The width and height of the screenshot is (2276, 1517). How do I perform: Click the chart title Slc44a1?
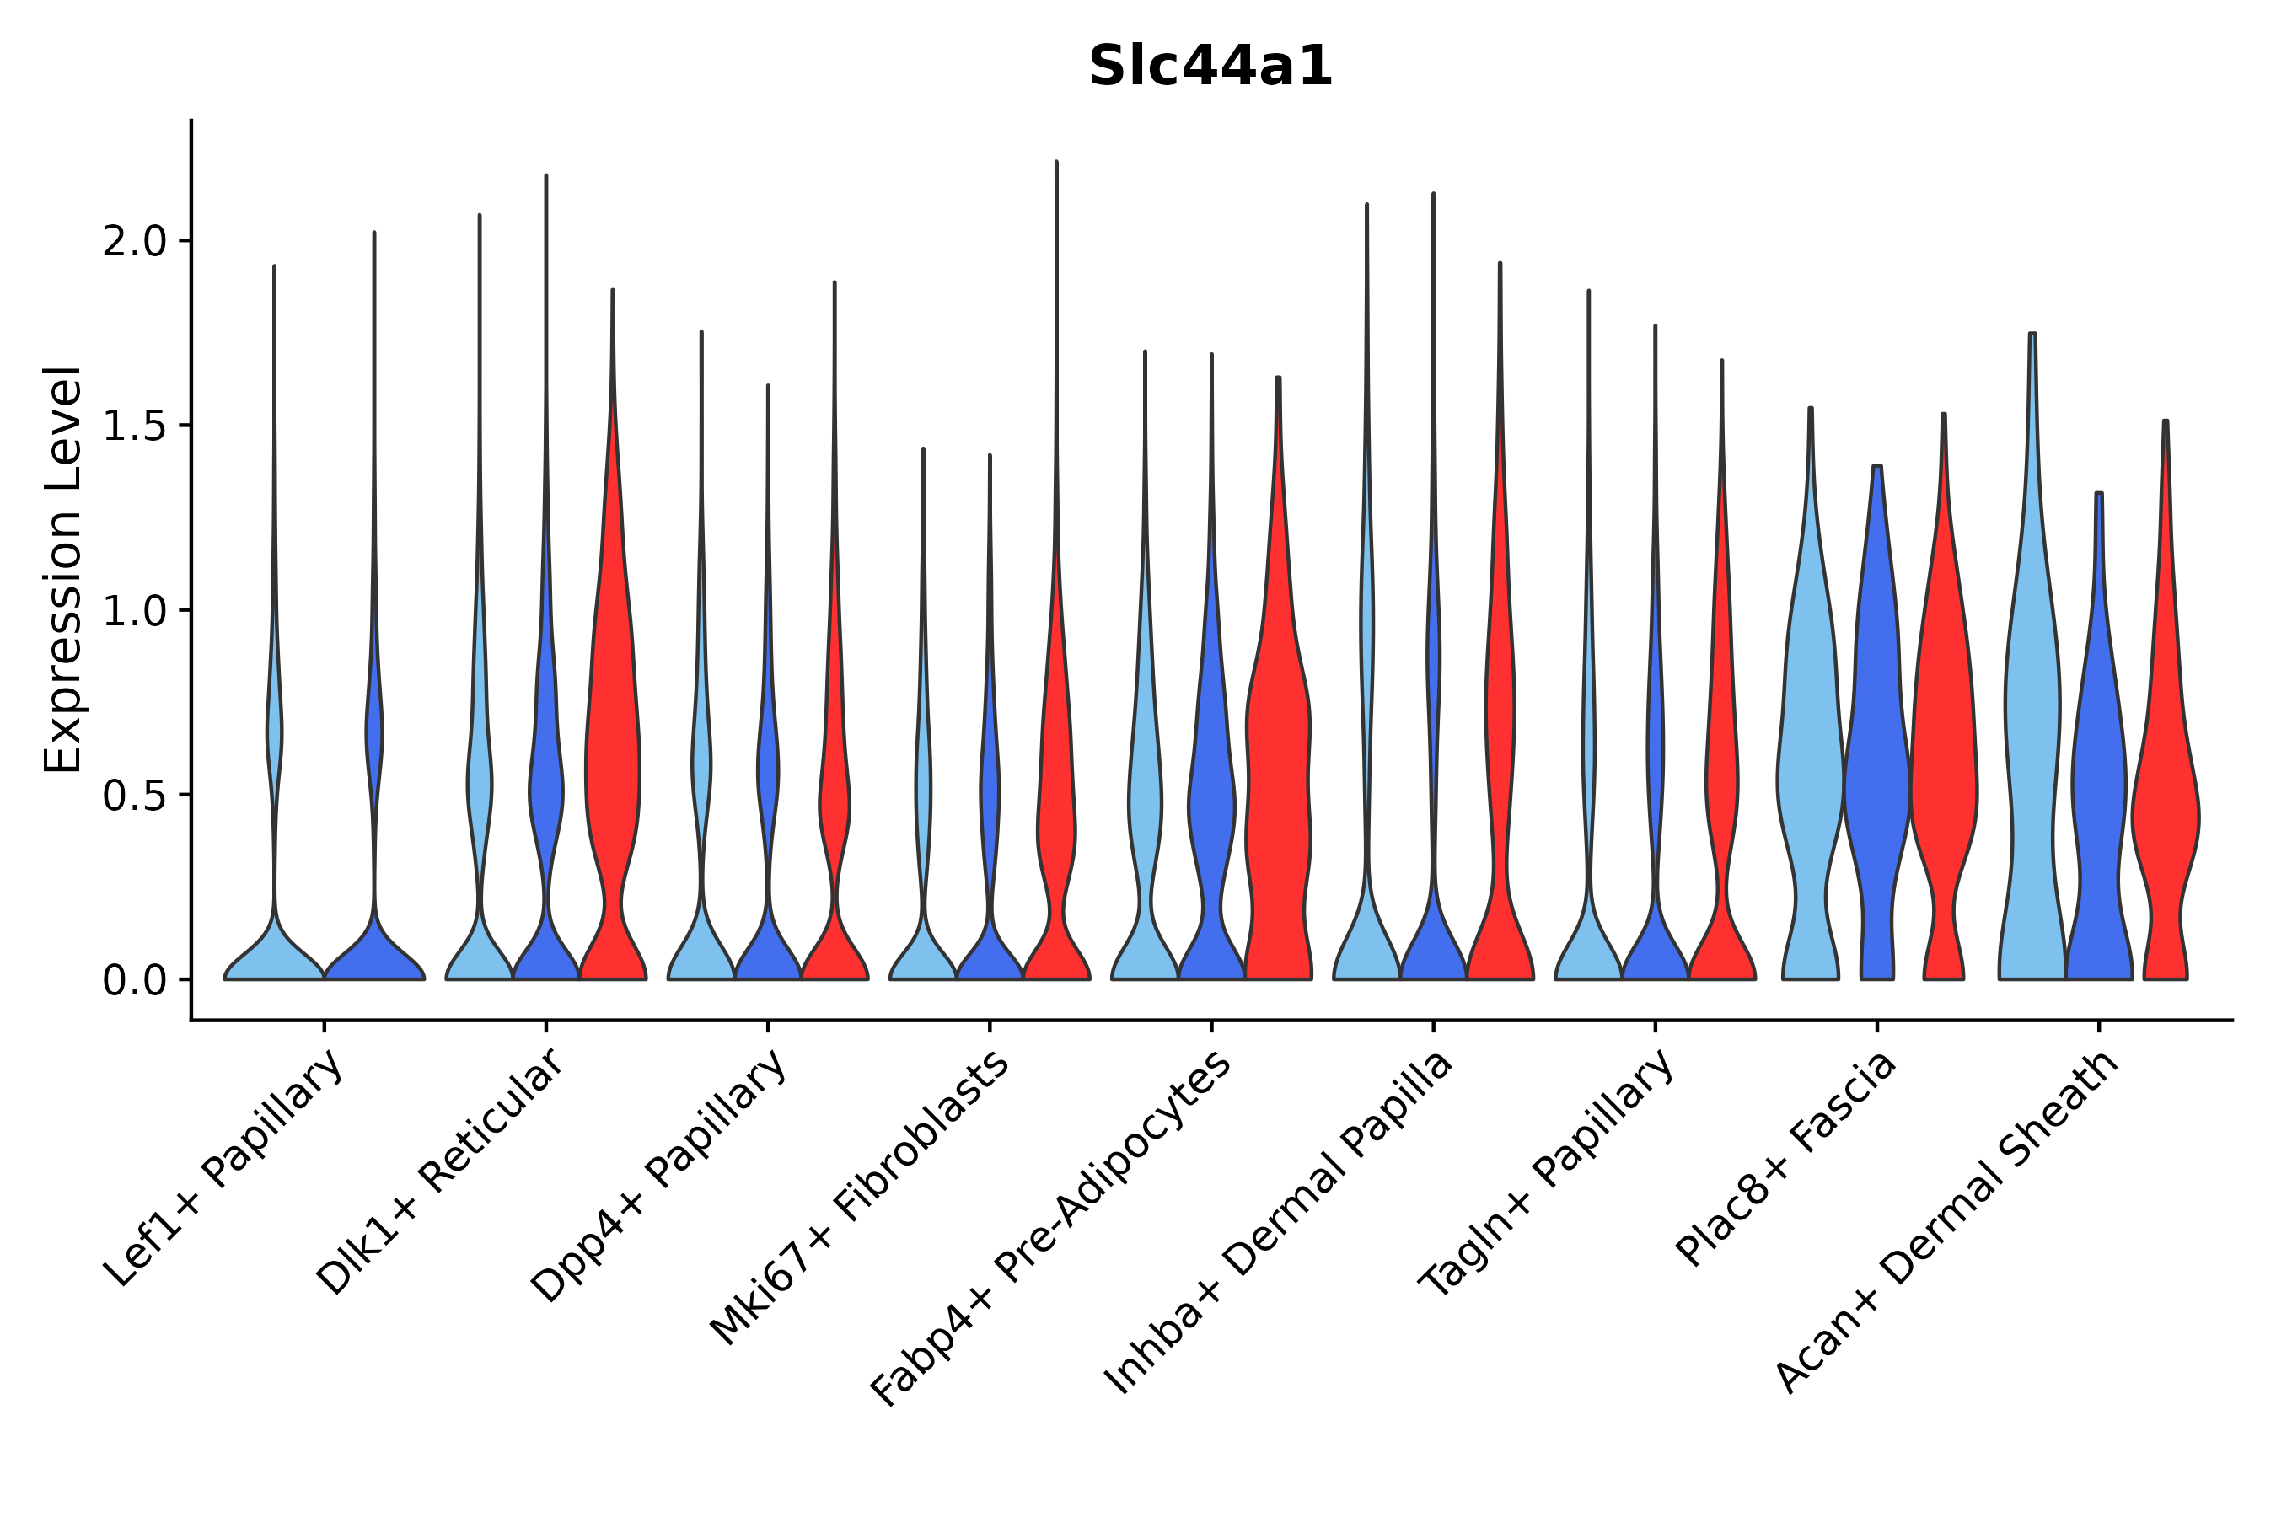coord(1210,67)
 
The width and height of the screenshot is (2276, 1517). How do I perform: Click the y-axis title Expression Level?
coord(63,569)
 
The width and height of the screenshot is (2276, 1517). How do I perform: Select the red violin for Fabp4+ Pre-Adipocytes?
coord(1277,774)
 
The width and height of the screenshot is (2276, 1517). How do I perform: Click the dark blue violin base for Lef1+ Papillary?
coord(374,962)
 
